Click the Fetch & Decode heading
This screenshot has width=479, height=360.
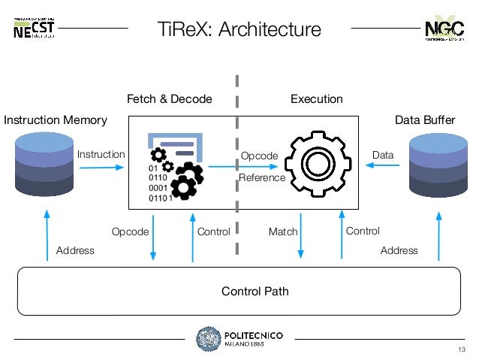click(169, 99)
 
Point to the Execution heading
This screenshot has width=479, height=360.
click(316, 99)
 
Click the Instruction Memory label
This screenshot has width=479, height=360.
click(56, 120)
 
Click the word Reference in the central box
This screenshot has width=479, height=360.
click(261, 178)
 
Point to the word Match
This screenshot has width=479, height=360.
click(283, 232)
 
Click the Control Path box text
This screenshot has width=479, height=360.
click(239, 291)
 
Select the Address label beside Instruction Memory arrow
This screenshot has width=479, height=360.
click(75, 250)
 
